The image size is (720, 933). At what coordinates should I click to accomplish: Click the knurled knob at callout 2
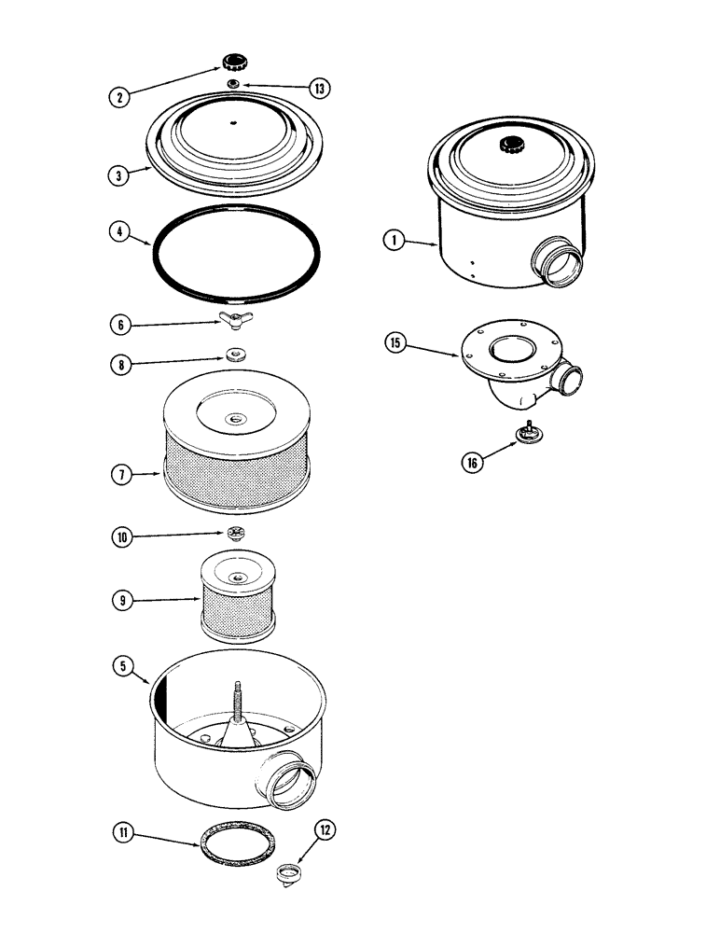(232, 63)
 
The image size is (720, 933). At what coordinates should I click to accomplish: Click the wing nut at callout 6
(231, 320)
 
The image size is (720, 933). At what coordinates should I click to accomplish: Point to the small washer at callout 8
(235, 355)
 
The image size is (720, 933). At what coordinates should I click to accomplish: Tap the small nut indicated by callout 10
(234, 533)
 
